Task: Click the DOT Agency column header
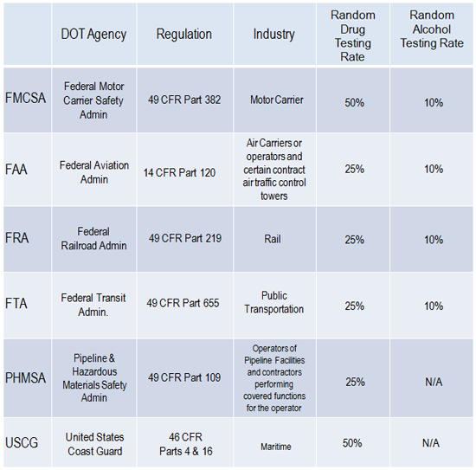tap(93, 35)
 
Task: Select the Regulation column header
tap(184, 34)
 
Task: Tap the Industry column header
tap(273, 35)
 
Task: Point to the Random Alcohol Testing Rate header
tap(432, 29)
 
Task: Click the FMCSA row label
tap(25, 98)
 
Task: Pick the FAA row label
tap(16, 169)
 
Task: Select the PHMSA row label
tap(25, 378)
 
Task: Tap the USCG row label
tap(22, 442)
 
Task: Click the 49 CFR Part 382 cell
tap(184, 100)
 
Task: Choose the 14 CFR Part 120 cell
tap(179, 173)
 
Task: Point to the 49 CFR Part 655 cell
tap(183, 303)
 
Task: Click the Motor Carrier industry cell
tap(277, 100)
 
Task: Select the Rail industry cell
tap(273, 239)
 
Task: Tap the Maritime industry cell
tap(275, 447)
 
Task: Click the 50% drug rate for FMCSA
tap(354, 103)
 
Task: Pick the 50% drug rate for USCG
tap(352, 443)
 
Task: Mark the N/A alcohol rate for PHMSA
tap(434, 382)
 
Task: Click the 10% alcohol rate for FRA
tap(434, 240)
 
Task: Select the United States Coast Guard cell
tap(94, 444)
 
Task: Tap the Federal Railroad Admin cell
tap(93, 239)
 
